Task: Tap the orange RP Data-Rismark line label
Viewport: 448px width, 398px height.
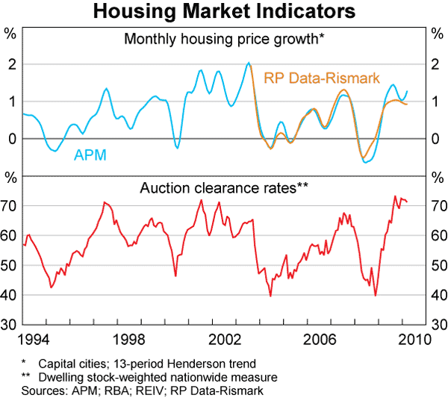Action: tap(322, 76)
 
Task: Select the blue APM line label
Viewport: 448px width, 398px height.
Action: tap(89, 155)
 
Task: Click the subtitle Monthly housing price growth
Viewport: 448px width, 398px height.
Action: tap(223, 40)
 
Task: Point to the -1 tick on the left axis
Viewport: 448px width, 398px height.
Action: tap(10, 176)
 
